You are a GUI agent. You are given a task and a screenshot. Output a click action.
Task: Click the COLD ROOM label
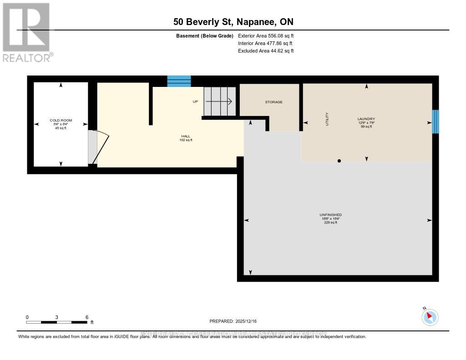(61, 120)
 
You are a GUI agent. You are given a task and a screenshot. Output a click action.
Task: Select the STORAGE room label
(274, 102)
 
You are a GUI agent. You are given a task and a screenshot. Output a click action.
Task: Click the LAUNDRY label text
(366, 119)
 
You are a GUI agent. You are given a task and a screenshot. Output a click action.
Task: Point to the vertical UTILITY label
(327, 119)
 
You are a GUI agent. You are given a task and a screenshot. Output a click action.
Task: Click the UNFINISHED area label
(330, 215)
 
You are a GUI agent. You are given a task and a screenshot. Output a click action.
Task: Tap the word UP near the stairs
(195, 101)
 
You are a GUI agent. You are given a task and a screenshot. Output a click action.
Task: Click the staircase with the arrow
(219, 101)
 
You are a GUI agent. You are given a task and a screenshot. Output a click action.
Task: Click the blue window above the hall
(179, 81)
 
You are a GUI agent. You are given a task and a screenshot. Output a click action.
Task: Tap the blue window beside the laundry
(435, 122)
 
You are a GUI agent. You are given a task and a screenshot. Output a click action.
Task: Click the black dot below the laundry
(339, 161)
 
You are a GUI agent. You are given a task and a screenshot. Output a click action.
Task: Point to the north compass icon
(430, 317)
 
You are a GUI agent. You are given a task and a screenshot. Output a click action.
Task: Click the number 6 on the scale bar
(86, 317)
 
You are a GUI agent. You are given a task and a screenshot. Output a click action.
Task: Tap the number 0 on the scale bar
(27, 317)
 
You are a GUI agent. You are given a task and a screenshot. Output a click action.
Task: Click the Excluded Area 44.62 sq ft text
(266, 51)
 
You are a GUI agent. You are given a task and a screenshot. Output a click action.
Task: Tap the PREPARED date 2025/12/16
(233, 321)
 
